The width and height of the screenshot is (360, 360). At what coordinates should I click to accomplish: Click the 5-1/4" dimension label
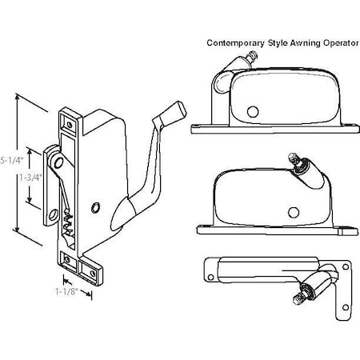click(x=10, y=159)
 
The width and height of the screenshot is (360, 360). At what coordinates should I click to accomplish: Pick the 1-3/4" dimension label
click(x=27, y=180)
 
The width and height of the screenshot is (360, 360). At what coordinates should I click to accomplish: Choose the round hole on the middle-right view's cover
click(x=294, y=212)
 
